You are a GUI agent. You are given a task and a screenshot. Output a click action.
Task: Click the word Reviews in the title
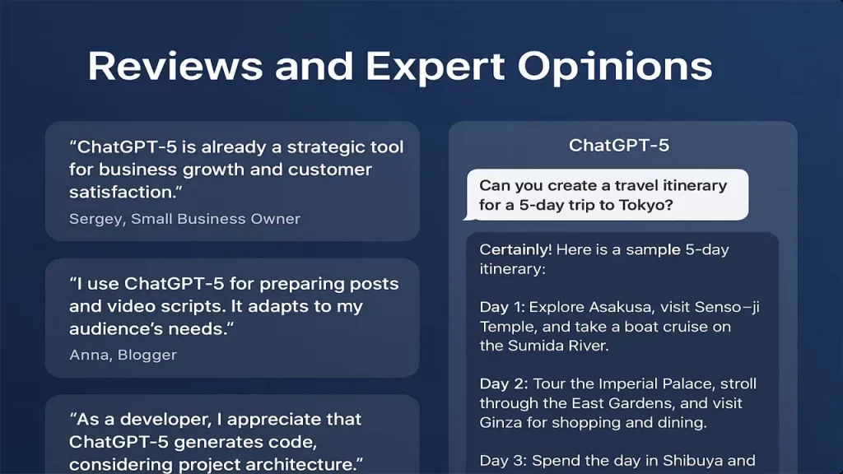pyautogui.click(x=175, y=66)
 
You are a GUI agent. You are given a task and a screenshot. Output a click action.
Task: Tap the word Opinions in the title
pyautogui.click(x=614, y=67)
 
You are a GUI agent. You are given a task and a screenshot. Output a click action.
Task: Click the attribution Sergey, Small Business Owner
pyautogui.click(x=184, y=219)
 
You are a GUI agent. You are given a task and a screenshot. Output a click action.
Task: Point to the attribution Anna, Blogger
pyautogui.click(x=123, y=355)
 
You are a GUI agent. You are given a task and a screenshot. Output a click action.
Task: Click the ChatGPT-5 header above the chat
pyautogui.click(x=619, y=145)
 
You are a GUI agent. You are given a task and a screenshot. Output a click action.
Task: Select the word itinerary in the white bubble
pyautogui.click(x=695, y=186)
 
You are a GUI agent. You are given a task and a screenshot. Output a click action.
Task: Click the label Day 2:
pyautogui.click(x=503, y=383)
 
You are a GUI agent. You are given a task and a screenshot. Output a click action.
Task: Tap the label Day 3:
pyautogui.click(x=503, y=461)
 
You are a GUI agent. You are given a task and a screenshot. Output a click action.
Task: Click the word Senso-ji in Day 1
pyautogui.click(x=727, y=308)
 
